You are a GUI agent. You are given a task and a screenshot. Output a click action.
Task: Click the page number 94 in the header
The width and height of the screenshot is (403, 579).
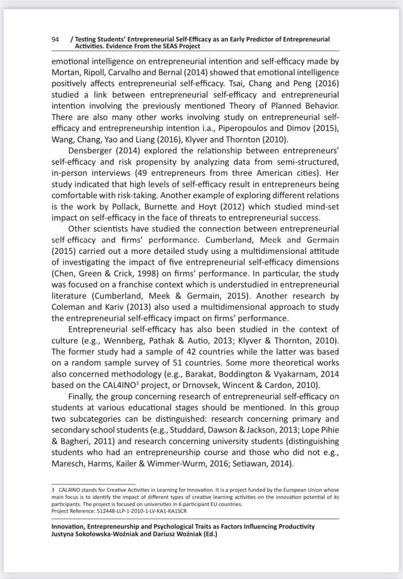(55, 40)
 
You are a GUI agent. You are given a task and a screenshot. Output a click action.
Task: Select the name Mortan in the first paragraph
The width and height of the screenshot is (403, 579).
(67, 72)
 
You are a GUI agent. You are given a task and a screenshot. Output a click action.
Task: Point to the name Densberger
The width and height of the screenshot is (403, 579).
(93, 150)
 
